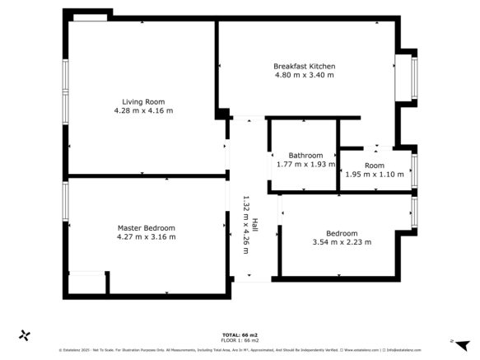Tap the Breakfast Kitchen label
point(304,66)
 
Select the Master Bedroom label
point(146,227)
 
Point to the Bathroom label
point(305,155)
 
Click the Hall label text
point(255,224)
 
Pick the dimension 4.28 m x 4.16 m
point(144,110)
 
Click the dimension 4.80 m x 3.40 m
point(304,75)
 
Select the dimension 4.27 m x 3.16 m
point(146,236)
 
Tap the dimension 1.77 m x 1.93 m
point(305,164)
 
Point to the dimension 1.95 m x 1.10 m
point(375,174)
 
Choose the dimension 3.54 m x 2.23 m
point(342,242)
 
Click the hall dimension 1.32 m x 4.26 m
point(245,224)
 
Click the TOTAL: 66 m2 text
point(240,334)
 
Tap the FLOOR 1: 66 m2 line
point(240,340)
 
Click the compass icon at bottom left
point(25,335)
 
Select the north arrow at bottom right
point(461,344)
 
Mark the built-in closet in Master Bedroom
point(86,283)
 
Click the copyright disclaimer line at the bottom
point(240,349)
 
